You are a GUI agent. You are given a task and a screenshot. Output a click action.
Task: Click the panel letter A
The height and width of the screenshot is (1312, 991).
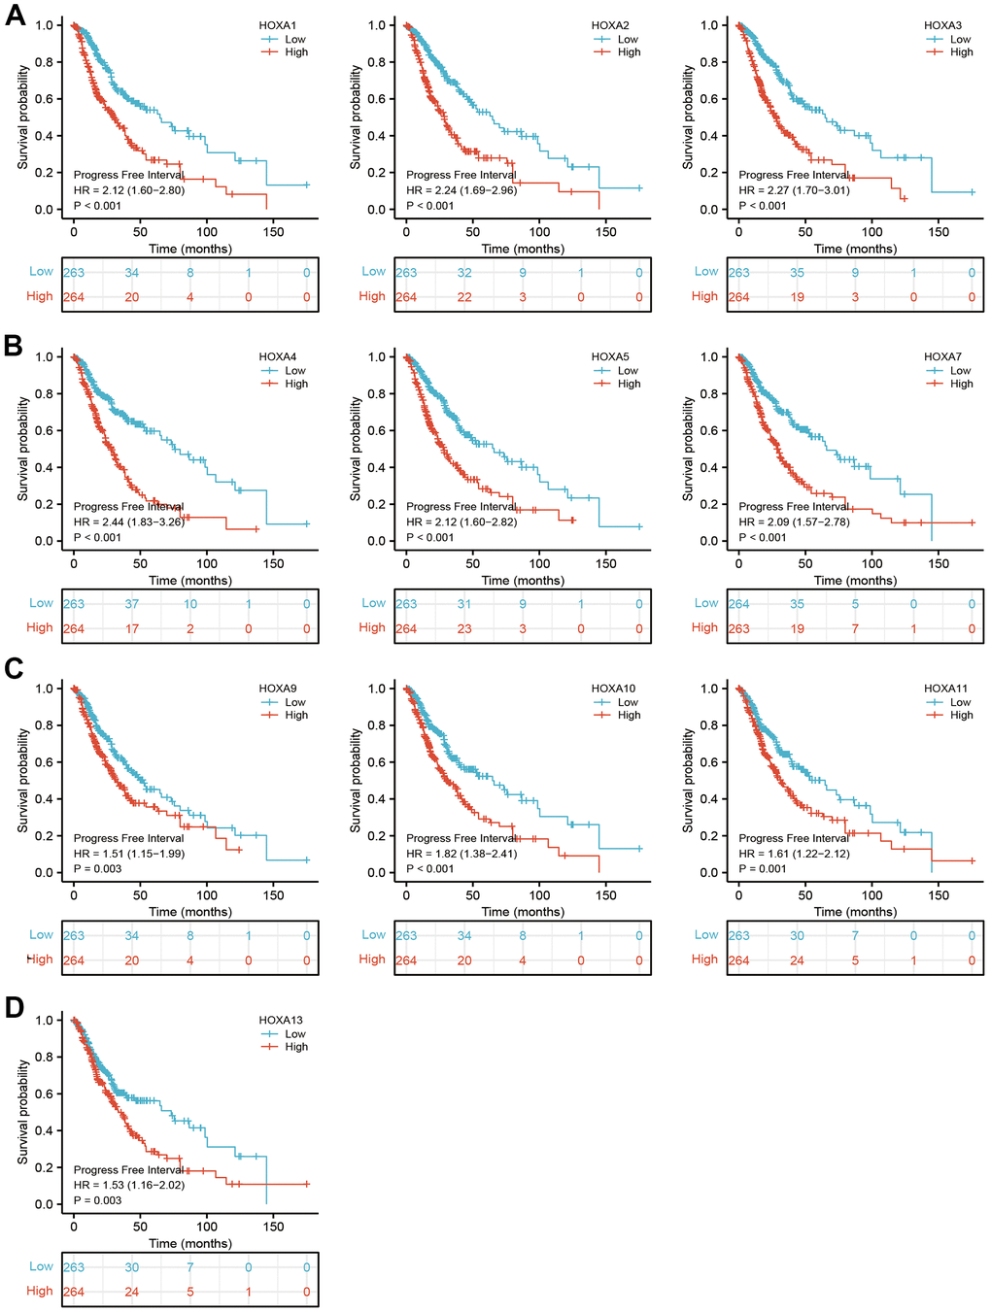pyautogui.click(x=15, y=16)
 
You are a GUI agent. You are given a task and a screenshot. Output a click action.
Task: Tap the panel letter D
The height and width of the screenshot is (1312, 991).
pyautogui.click(x=15, y=1007)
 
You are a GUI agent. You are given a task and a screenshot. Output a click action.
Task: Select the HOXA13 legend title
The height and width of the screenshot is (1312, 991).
pyautogui.click(x=281, y=1021)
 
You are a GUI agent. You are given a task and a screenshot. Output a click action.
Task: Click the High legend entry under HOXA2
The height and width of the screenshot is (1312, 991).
pyautogui.click(x=629, y=52)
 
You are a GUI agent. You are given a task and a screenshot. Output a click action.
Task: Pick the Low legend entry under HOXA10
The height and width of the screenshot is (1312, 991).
pyautogui.click(x=628, y=702)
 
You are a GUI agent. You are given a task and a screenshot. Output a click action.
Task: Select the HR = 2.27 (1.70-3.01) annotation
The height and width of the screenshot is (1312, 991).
pyautogui.click(x=794, y=190)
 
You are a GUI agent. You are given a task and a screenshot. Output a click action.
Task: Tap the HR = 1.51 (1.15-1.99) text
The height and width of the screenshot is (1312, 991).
pyautogui.click(x=128, y=854)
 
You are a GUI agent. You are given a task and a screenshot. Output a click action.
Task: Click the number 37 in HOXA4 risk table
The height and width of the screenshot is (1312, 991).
pyautogui.click(x=131, y=604)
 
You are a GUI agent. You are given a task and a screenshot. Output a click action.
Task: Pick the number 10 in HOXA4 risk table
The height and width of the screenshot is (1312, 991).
pyautogui.click(x=190, y=604)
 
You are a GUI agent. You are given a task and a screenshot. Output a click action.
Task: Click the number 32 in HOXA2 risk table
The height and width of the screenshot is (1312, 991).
pyautogui.click(x=464, y=273)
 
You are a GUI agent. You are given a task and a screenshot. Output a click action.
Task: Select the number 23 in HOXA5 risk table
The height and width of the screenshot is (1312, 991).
pyautogui.click(x=464, y=629)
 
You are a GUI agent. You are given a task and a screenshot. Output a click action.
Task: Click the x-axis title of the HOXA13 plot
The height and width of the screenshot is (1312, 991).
pyautogui.click(x=190, y=1244)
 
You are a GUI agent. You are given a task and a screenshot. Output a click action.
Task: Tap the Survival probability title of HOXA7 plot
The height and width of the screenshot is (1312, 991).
pyautogui.click(x=689, y=448)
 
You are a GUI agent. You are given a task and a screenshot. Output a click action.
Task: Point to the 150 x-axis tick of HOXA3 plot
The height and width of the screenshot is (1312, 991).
pyautogui.click(x=939, y=232)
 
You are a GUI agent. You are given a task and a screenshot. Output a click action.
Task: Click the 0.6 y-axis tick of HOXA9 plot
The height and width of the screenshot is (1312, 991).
pyautogui.click(x=45, y=762)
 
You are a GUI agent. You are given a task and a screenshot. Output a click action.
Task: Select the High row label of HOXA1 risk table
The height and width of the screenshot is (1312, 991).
pyautogui.click(x=40, y=296)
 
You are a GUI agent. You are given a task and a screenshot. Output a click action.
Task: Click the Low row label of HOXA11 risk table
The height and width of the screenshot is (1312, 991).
pyautogui.click(x=706, y=935)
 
